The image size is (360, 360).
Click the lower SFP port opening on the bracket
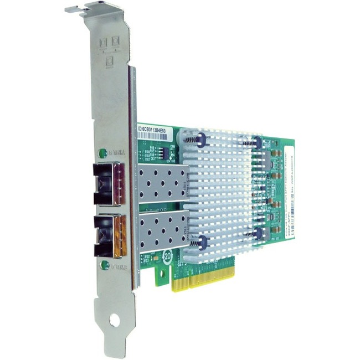tap(107, 234)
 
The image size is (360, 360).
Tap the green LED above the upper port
tap(102, 152)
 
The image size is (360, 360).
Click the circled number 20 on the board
tap(167, 256)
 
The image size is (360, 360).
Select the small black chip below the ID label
tap(161, 152)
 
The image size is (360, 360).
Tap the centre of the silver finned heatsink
tap(227, 191)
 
